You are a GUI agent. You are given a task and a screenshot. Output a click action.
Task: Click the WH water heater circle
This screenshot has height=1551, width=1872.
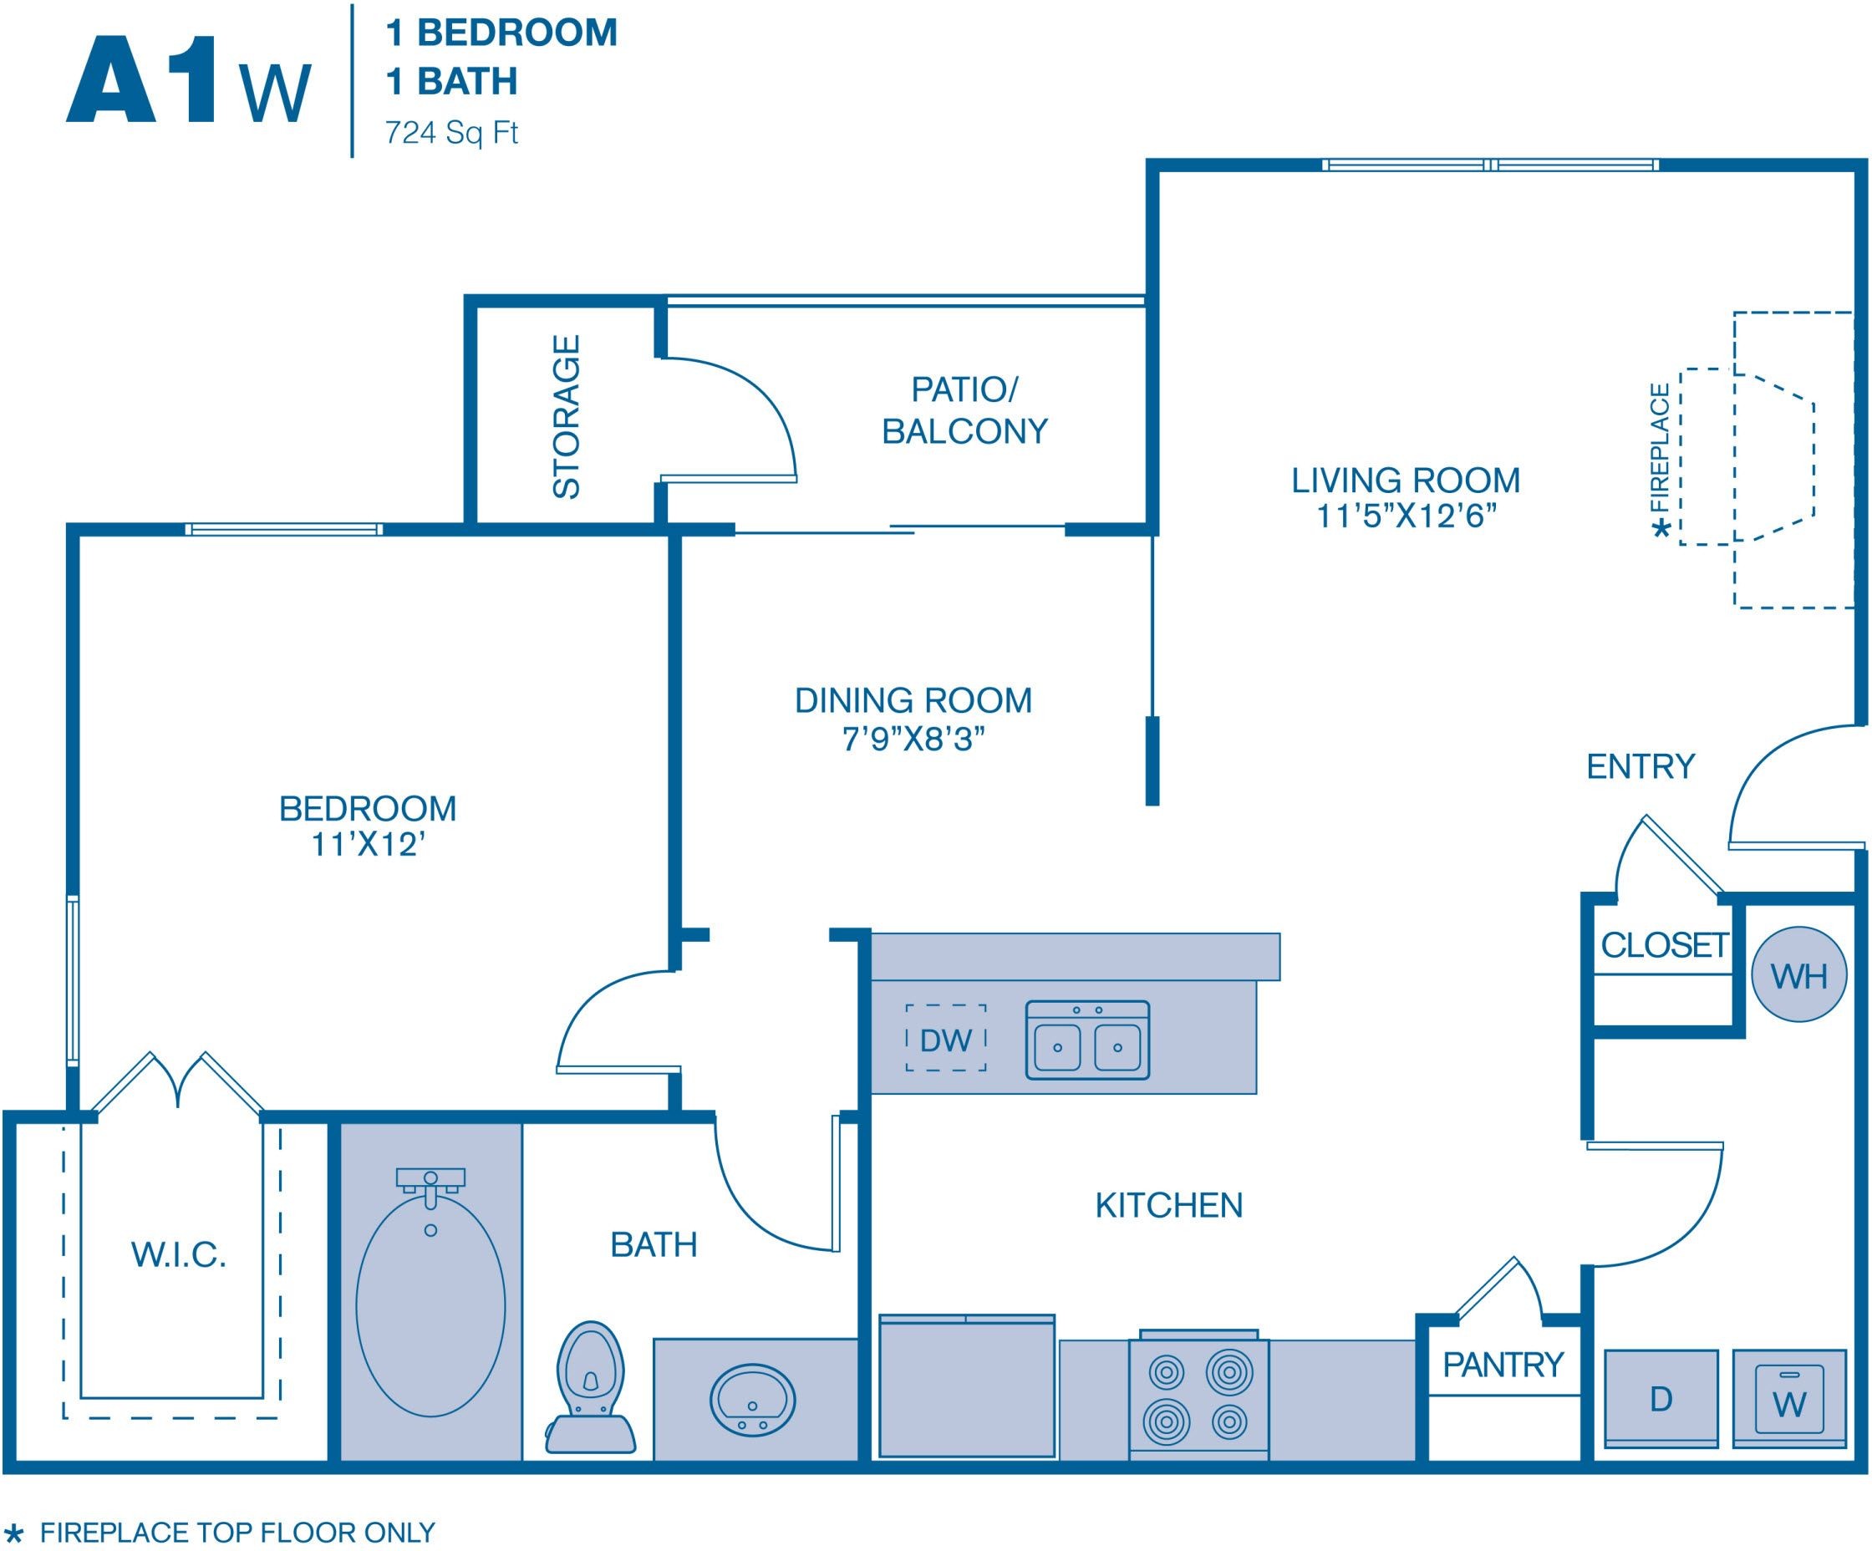1798,974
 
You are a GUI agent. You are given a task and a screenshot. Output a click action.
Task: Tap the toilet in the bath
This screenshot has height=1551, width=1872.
590,1386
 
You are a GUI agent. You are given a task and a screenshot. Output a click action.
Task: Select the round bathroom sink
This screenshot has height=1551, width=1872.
752,1400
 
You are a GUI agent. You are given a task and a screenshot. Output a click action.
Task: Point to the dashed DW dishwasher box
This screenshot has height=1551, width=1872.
946,1038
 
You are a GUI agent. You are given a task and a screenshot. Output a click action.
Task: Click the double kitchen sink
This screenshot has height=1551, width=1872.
1087,1040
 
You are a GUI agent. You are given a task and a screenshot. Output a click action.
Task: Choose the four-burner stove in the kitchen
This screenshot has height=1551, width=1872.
1198,1396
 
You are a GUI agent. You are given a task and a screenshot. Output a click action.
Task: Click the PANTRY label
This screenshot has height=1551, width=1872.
1503,1365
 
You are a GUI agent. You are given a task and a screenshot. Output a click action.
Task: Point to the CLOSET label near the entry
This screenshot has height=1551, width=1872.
1664,945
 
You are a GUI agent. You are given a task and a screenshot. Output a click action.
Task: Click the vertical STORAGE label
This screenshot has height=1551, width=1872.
566,416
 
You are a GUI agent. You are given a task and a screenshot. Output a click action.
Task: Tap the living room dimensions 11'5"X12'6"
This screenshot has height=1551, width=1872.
1406,516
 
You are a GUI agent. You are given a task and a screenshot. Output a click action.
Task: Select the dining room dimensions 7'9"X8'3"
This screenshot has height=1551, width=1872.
913,739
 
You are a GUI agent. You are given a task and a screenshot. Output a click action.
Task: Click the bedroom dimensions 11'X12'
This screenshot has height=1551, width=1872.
367,845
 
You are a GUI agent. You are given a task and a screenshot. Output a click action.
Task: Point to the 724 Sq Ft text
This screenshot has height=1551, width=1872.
451,133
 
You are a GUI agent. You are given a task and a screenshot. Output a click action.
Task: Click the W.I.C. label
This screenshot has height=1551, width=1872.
178,1255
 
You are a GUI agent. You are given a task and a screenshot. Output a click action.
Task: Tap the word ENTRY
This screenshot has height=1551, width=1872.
1641,766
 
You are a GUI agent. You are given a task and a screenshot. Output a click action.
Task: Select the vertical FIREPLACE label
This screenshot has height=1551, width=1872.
1660,449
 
